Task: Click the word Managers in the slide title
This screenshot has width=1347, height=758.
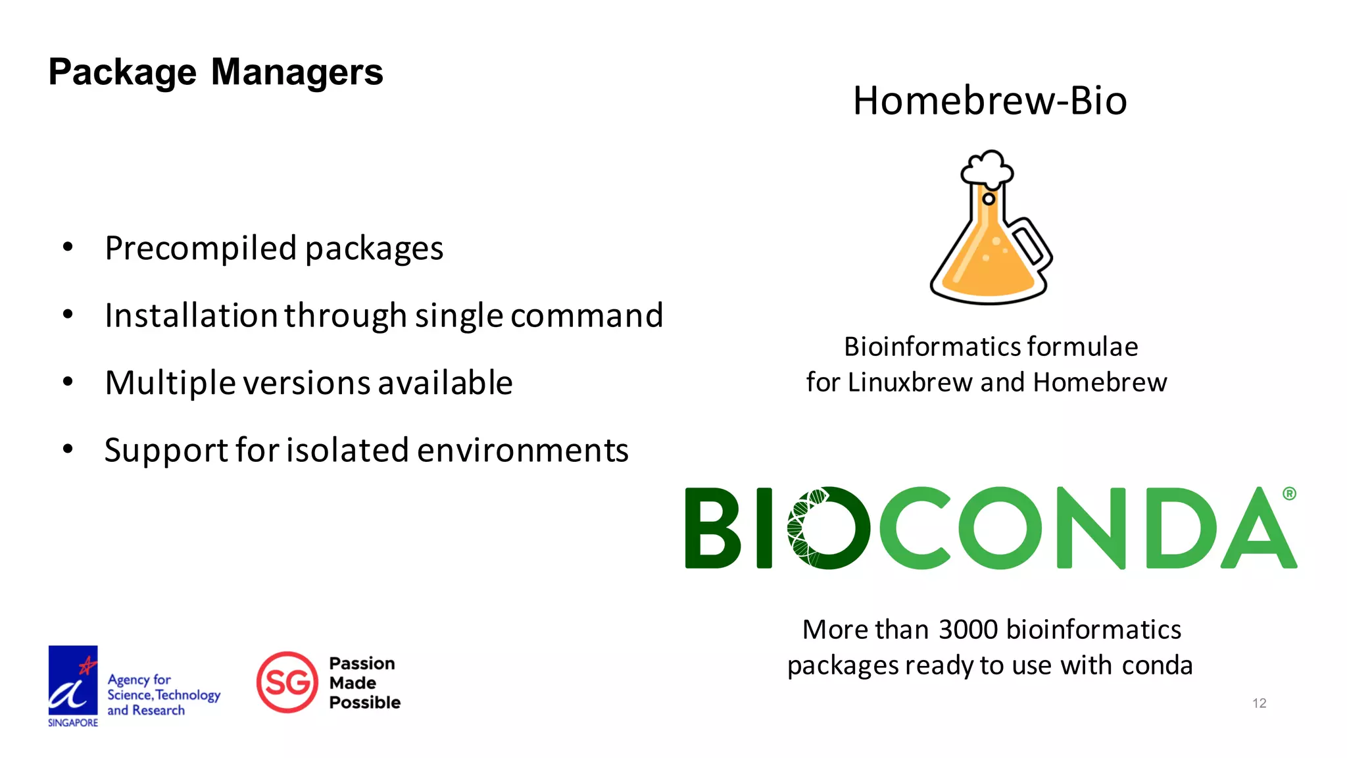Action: tap(297, 72)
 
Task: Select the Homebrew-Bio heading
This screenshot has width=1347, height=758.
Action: tap(989, 101)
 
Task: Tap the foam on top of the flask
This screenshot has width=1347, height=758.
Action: tap(987, 168)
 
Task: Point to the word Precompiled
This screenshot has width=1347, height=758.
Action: tap(201, 249)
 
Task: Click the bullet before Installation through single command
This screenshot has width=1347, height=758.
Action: tap(68, 315)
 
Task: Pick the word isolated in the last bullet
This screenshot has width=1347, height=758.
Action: tap(348, 451)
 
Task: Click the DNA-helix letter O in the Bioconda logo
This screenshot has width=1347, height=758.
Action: tap(828, 528)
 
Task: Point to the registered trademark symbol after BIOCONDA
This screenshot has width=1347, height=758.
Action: tap(1289, 493)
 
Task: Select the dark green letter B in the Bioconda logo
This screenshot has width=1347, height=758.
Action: tap(713, 528)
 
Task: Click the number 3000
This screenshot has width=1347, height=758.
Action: tap(968, 630)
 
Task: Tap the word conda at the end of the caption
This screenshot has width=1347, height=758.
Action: tap(1157, 665)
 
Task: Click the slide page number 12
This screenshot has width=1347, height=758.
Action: tap(1259, 703)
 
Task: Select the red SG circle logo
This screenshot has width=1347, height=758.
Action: tap(287, 682)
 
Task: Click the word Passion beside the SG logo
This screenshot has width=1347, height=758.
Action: tap(362, 663)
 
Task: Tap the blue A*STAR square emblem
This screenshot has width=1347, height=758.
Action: tap(73, 680)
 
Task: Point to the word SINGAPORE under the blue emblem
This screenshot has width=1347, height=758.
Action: tap(73, 722)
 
